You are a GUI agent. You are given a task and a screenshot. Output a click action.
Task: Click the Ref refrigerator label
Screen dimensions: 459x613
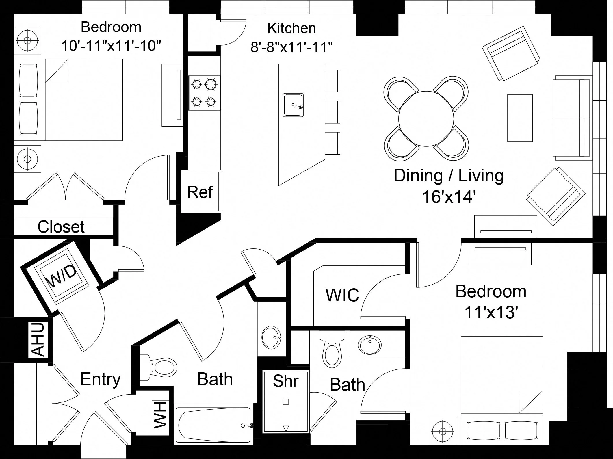click(x=200, y=192)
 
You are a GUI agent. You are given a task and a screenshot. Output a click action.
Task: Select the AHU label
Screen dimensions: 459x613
click(x=38, y=339)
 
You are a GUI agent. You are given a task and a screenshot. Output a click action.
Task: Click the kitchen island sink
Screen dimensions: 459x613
click(x=293, y=105)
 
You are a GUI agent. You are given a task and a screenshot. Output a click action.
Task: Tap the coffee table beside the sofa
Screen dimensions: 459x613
click(x=520, y=118)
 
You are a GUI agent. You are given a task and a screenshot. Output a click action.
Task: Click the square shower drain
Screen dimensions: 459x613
click(x=286, y=402)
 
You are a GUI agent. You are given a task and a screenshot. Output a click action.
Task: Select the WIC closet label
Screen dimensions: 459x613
click(x=342, y=295)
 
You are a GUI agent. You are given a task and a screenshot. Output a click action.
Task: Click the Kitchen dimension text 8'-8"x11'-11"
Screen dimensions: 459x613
click(x=291, y=47)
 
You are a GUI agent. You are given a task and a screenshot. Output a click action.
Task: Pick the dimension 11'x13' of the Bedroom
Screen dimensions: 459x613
click(x=490, y=312)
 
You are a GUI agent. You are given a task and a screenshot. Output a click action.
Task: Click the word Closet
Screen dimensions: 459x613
click(x=61, y=227)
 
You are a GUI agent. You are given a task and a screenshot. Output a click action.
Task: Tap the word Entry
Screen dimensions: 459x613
click(x=100, y=379)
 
